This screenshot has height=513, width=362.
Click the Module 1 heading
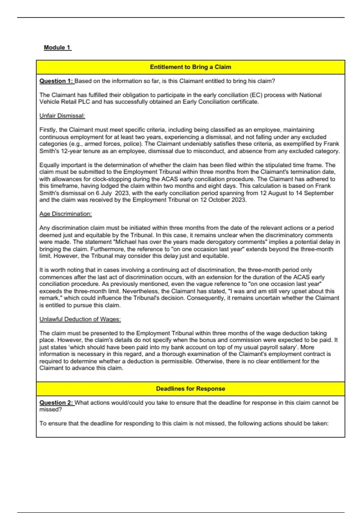coord(57,47)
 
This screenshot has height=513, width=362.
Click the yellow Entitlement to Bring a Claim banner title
coord(190,67)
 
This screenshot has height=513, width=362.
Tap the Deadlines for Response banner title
coord(190,389)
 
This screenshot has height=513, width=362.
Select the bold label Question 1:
coord(56,81)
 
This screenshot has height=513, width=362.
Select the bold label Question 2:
coord(56,403)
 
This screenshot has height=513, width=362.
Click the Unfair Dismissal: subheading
coord(62,116)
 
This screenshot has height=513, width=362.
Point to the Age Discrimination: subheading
coord(65,214)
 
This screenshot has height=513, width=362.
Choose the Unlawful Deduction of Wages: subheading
coord(80,319)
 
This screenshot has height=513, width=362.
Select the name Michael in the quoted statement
coord(126,242)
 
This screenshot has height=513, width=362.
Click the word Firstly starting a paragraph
coord(48,130)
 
